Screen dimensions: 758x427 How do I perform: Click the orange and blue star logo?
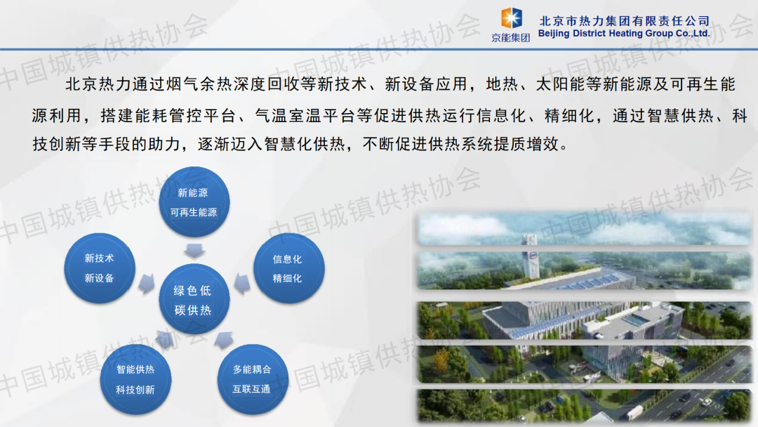[511, 18]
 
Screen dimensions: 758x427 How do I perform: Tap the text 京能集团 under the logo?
[510, 38]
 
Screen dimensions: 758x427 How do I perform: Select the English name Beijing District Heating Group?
[605, 34]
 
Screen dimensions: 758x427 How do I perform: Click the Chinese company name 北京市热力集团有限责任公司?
[624, 21]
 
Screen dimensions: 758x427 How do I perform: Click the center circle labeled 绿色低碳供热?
[194, 299]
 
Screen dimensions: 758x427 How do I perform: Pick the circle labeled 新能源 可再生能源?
[194, 202]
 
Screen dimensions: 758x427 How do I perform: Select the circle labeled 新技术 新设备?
[100, 268]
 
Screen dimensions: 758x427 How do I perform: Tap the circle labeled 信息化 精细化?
[288, 268]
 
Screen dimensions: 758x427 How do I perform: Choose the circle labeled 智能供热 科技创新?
[136, 379]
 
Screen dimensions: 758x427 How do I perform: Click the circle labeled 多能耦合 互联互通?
[253, 379]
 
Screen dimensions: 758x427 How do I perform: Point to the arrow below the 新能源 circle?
[194, 251]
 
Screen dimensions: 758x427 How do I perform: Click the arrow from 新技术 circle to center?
[147, 284]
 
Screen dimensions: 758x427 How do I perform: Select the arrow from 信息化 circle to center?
[242, 284]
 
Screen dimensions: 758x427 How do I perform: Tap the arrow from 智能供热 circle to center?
[166, 339]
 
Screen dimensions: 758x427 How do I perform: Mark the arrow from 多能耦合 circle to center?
[224, 340]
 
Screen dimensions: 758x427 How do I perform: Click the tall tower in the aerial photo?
[531, 256]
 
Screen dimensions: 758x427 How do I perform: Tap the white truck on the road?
[634, 412]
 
